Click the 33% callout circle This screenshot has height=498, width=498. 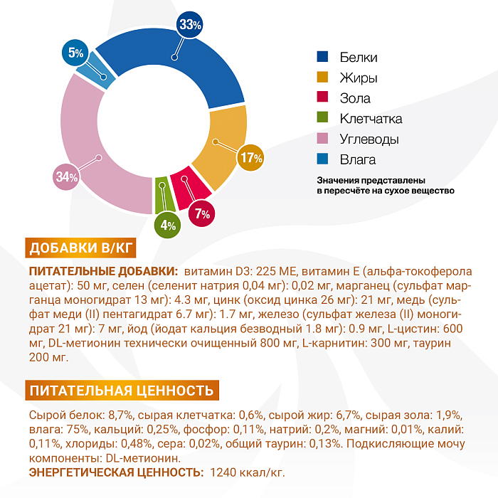(x=191, y=25)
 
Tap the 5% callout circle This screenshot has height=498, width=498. (x=76, y=52)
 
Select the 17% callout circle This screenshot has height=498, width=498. (x=251, y=157)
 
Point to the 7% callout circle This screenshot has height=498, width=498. (x=203, y=213)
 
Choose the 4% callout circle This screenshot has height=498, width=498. (x=169, y=226)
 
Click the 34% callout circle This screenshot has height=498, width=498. (x=66, y=177)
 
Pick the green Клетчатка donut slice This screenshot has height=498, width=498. (x=161, y=193)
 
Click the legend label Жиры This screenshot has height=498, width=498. (x=359, y=78)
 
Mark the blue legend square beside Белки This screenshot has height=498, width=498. (x=322, y=57)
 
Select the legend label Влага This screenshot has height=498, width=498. (x=358, y=159)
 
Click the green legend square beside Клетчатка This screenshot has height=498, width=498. (x=322, y=118)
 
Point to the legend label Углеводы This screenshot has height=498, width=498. (x=369, y=139)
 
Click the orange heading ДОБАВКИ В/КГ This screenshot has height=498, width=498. (x=81, y=248)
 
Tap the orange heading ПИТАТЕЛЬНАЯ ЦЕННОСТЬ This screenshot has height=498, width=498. (x=121, y=390)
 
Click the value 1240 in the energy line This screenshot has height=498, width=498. (x=219, y=472)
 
